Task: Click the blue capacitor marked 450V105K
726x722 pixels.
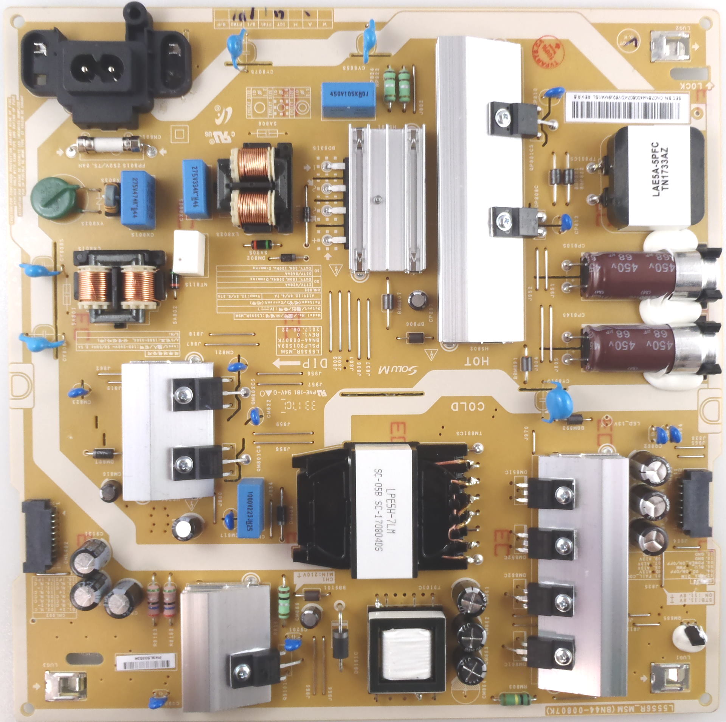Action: click(347, 99)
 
